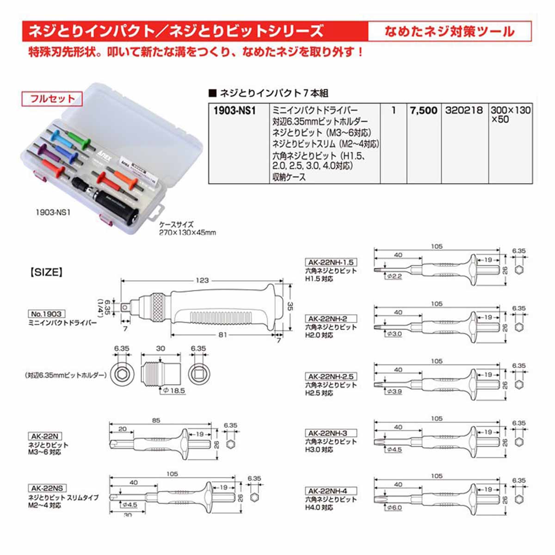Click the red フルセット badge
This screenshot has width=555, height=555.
52,99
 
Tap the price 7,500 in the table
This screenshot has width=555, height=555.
424,111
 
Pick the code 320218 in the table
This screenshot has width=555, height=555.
464,111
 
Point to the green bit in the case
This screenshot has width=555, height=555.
78,139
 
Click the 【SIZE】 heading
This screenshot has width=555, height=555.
46,272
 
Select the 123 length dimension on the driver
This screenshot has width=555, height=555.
202,280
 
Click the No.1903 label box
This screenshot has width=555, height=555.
46,314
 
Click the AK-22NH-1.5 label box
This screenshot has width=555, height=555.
331,262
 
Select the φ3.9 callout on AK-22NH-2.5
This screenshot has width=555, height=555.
395,391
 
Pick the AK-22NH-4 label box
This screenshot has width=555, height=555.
331,491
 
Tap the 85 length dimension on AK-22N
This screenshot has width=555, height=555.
156,420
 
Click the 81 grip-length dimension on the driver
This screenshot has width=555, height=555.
222,335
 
